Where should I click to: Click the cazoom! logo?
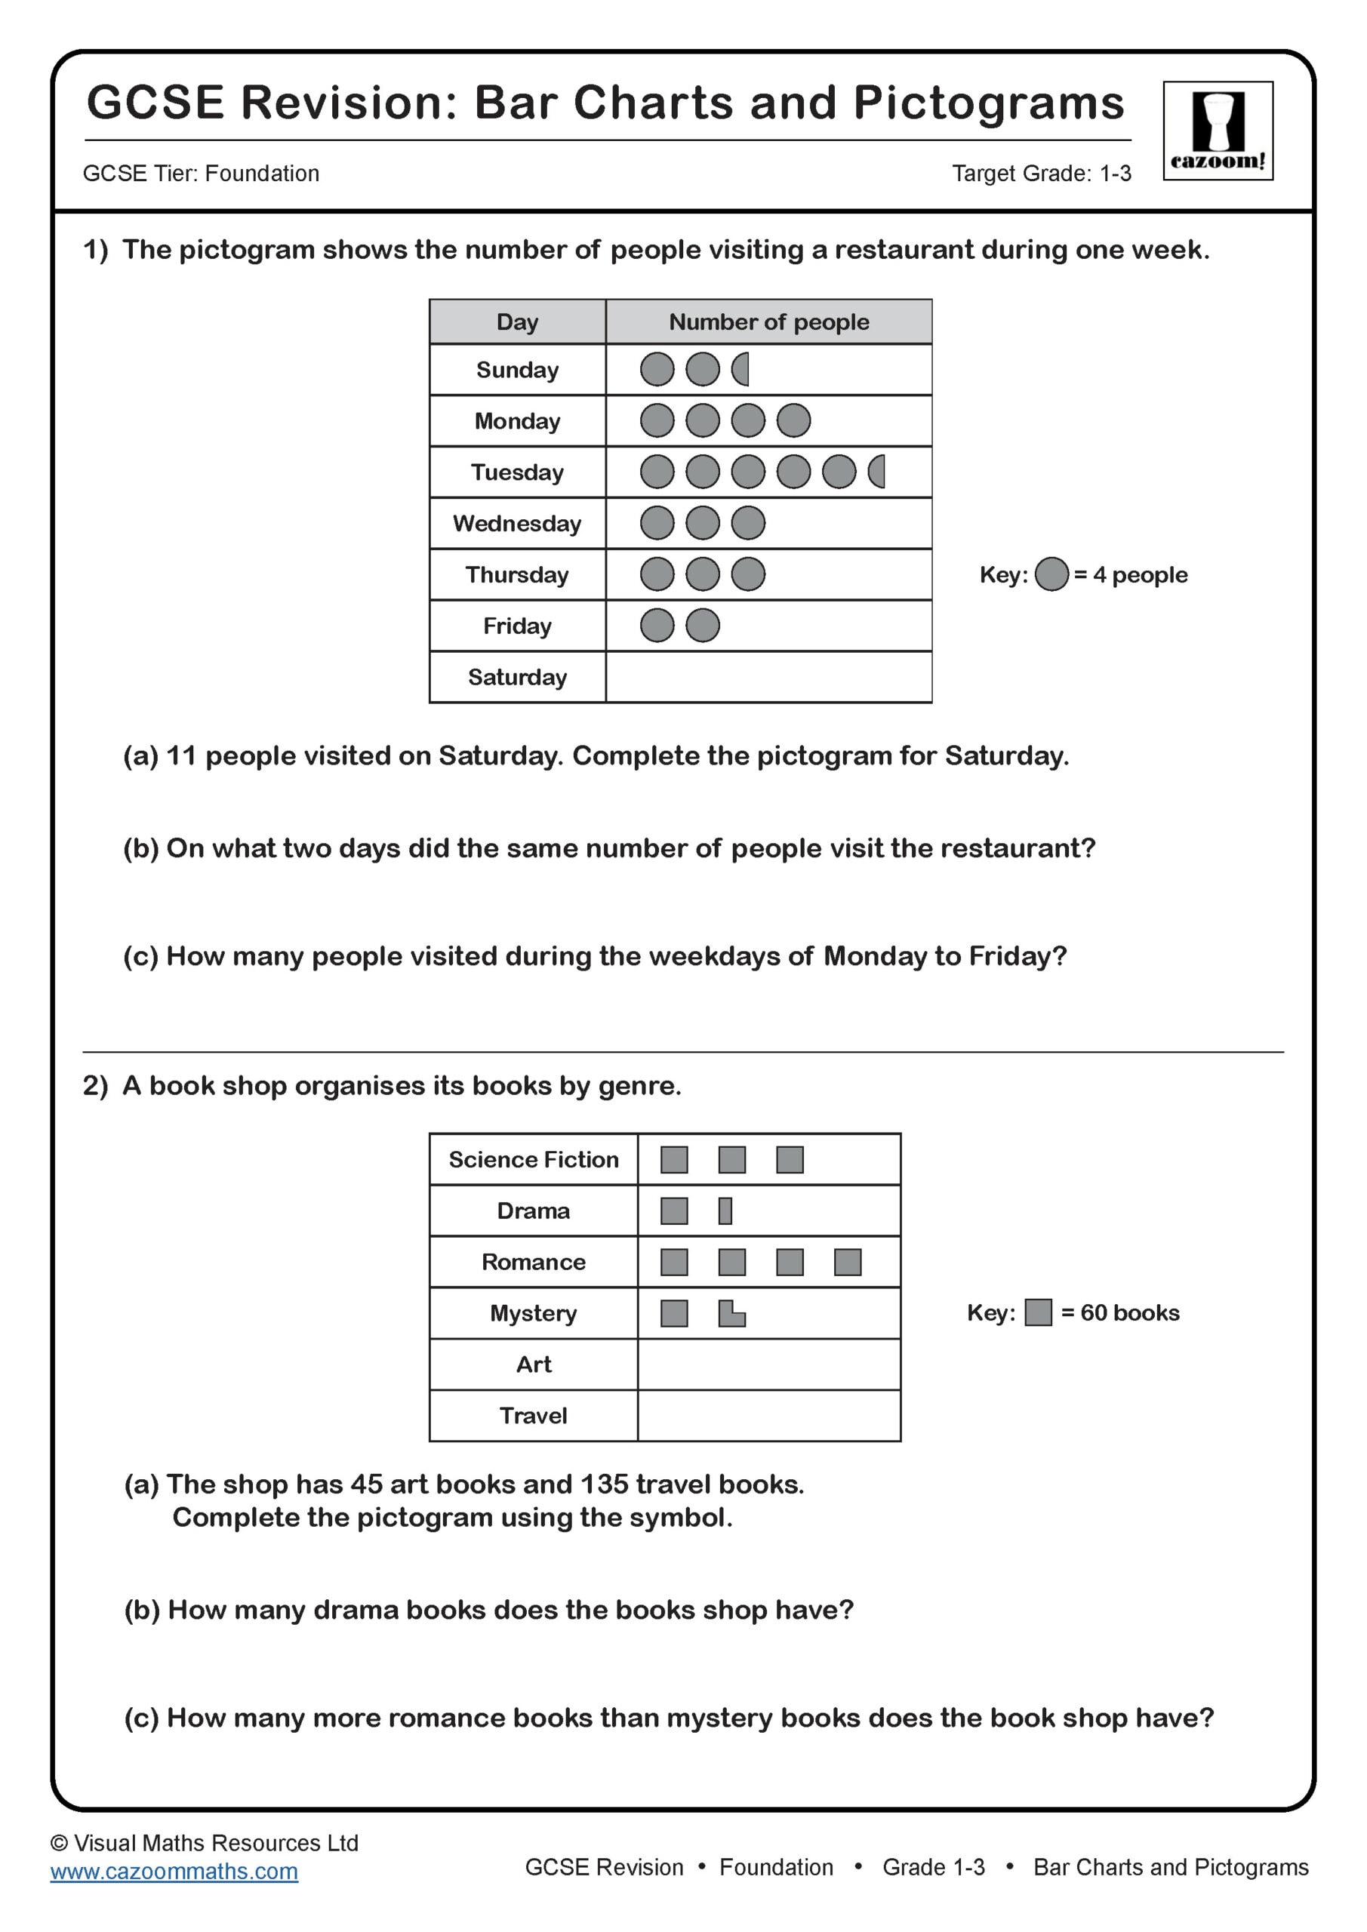pyautogui.click(x=1218, y=131)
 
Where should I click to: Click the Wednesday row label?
pyautogui.click(x=517, y=524)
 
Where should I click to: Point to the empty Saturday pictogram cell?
pyautogui.click(x=768, y=676)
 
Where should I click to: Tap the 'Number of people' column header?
pyautogui.click(x=768, y=321)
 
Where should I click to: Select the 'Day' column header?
pyautogui.click(x=517, y=321)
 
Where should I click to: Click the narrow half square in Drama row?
pyautogui.click(x=725, y=1211)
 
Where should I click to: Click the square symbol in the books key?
pyautogui.click(x=1038, y=1312)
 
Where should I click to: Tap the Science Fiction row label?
pyautogui.click(x=533, y=1159)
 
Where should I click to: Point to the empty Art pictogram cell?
pyautogui.click(x=768, y=1364)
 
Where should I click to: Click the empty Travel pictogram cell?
pyautogui.click(x=768, y=1415)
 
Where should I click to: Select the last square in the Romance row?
pyautogui.click(x=847, y=1262)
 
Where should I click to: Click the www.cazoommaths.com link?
pyautogui.click(x=174, y=1872)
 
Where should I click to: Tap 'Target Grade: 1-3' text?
pyautogui.click(x=1040, y=174)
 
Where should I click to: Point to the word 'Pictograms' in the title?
pyautogui.click(x=988, y=103)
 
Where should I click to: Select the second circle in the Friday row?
pyautogui.click(x=702, y=625)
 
